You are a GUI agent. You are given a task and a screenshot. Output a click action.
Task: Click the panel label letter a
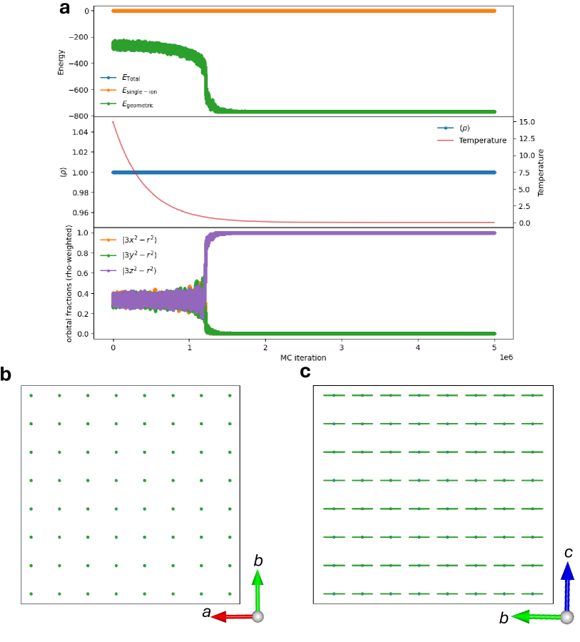pyautogui.click(x=65, y=9)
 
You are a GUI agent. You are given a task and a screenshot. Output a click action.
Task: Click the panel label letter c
pyautogui.click(x=305, y=372)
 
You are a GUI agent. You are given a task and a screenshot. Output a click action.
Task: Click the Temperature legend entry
pyautogui.click(x=482, y=141)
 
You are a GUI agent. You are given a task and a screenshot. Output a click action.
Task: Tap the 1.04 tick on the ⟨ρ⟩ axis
pyautogui.click(x=80, y=132)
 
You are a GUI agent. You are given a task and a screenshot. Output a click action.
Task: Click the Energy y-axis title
pyautogui.click(x=62, y=63)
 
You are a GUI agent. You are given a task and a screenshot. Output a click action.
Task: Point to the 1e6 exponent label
pyautogui.click(x=505, y=355)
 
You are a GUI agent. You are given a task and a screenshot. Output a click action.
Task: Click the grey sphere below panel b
pyautogui.click(x=258, y=616)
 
